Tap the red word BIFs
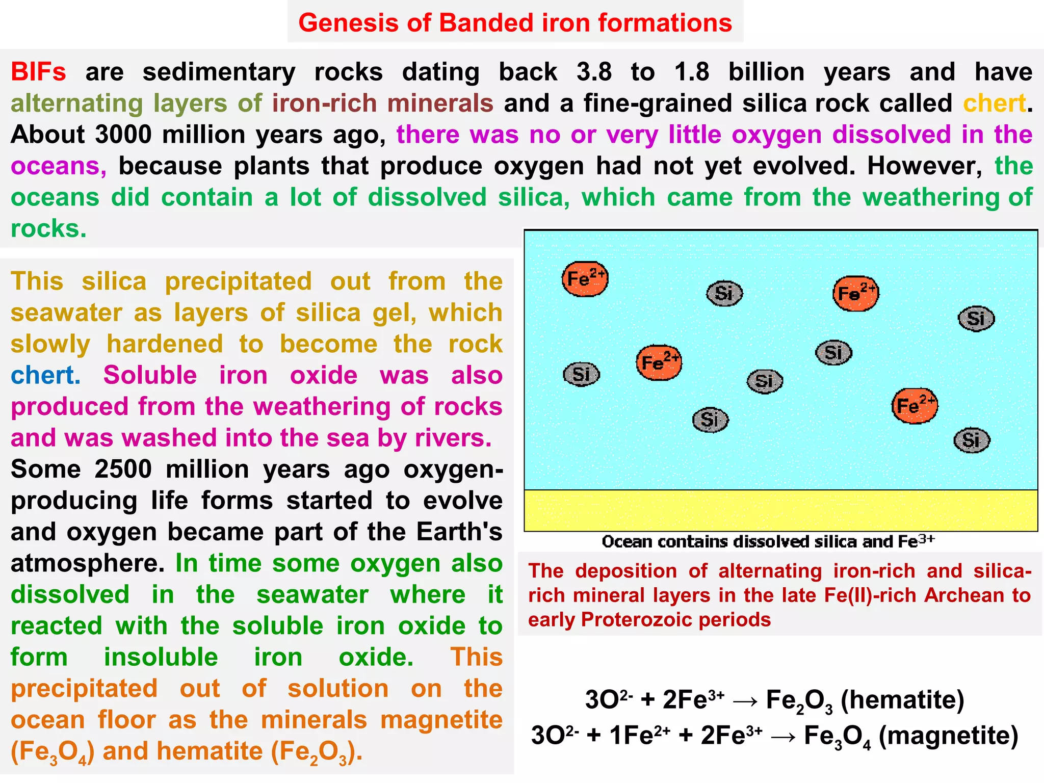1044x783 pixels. click(38, 72)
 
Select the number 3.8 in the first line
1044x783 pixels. click(594, 72)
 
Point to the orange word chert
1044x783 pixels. click(994, 103)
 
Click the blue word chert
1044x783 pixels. click(45, 376)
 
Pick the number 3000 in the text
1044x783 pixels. click(123, 135)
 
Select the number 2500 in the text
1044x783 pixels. click(123, 469)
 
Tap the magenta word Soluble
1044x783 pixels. click(150, 376)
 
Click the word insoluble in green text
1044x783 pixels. click(161, 658)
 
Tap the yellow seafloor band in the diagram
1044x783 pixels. click(780, 510)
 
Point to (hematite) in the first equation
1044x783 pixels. click(902, 700)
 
